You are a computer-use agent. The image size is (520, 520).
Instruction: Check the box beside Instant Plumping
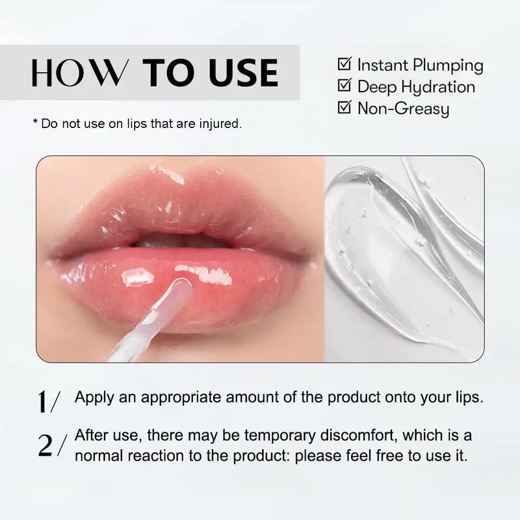point(344,64)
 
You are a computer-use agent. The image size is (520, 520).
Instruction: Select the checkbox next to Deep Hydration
point(344,86)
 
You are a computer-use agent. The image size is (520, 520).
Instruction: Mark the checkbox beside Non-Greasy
point(344,107)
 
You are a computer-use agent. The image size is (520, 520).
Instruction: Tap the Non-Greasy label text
point(403,109)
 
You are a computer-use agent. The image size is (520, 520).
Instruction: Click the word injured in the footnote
point(220,123)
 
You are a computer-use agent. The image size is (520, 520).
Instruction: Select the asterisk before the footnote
point(35,122)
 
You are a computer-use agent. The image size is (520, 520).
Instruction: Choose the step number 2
point(45,445)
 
